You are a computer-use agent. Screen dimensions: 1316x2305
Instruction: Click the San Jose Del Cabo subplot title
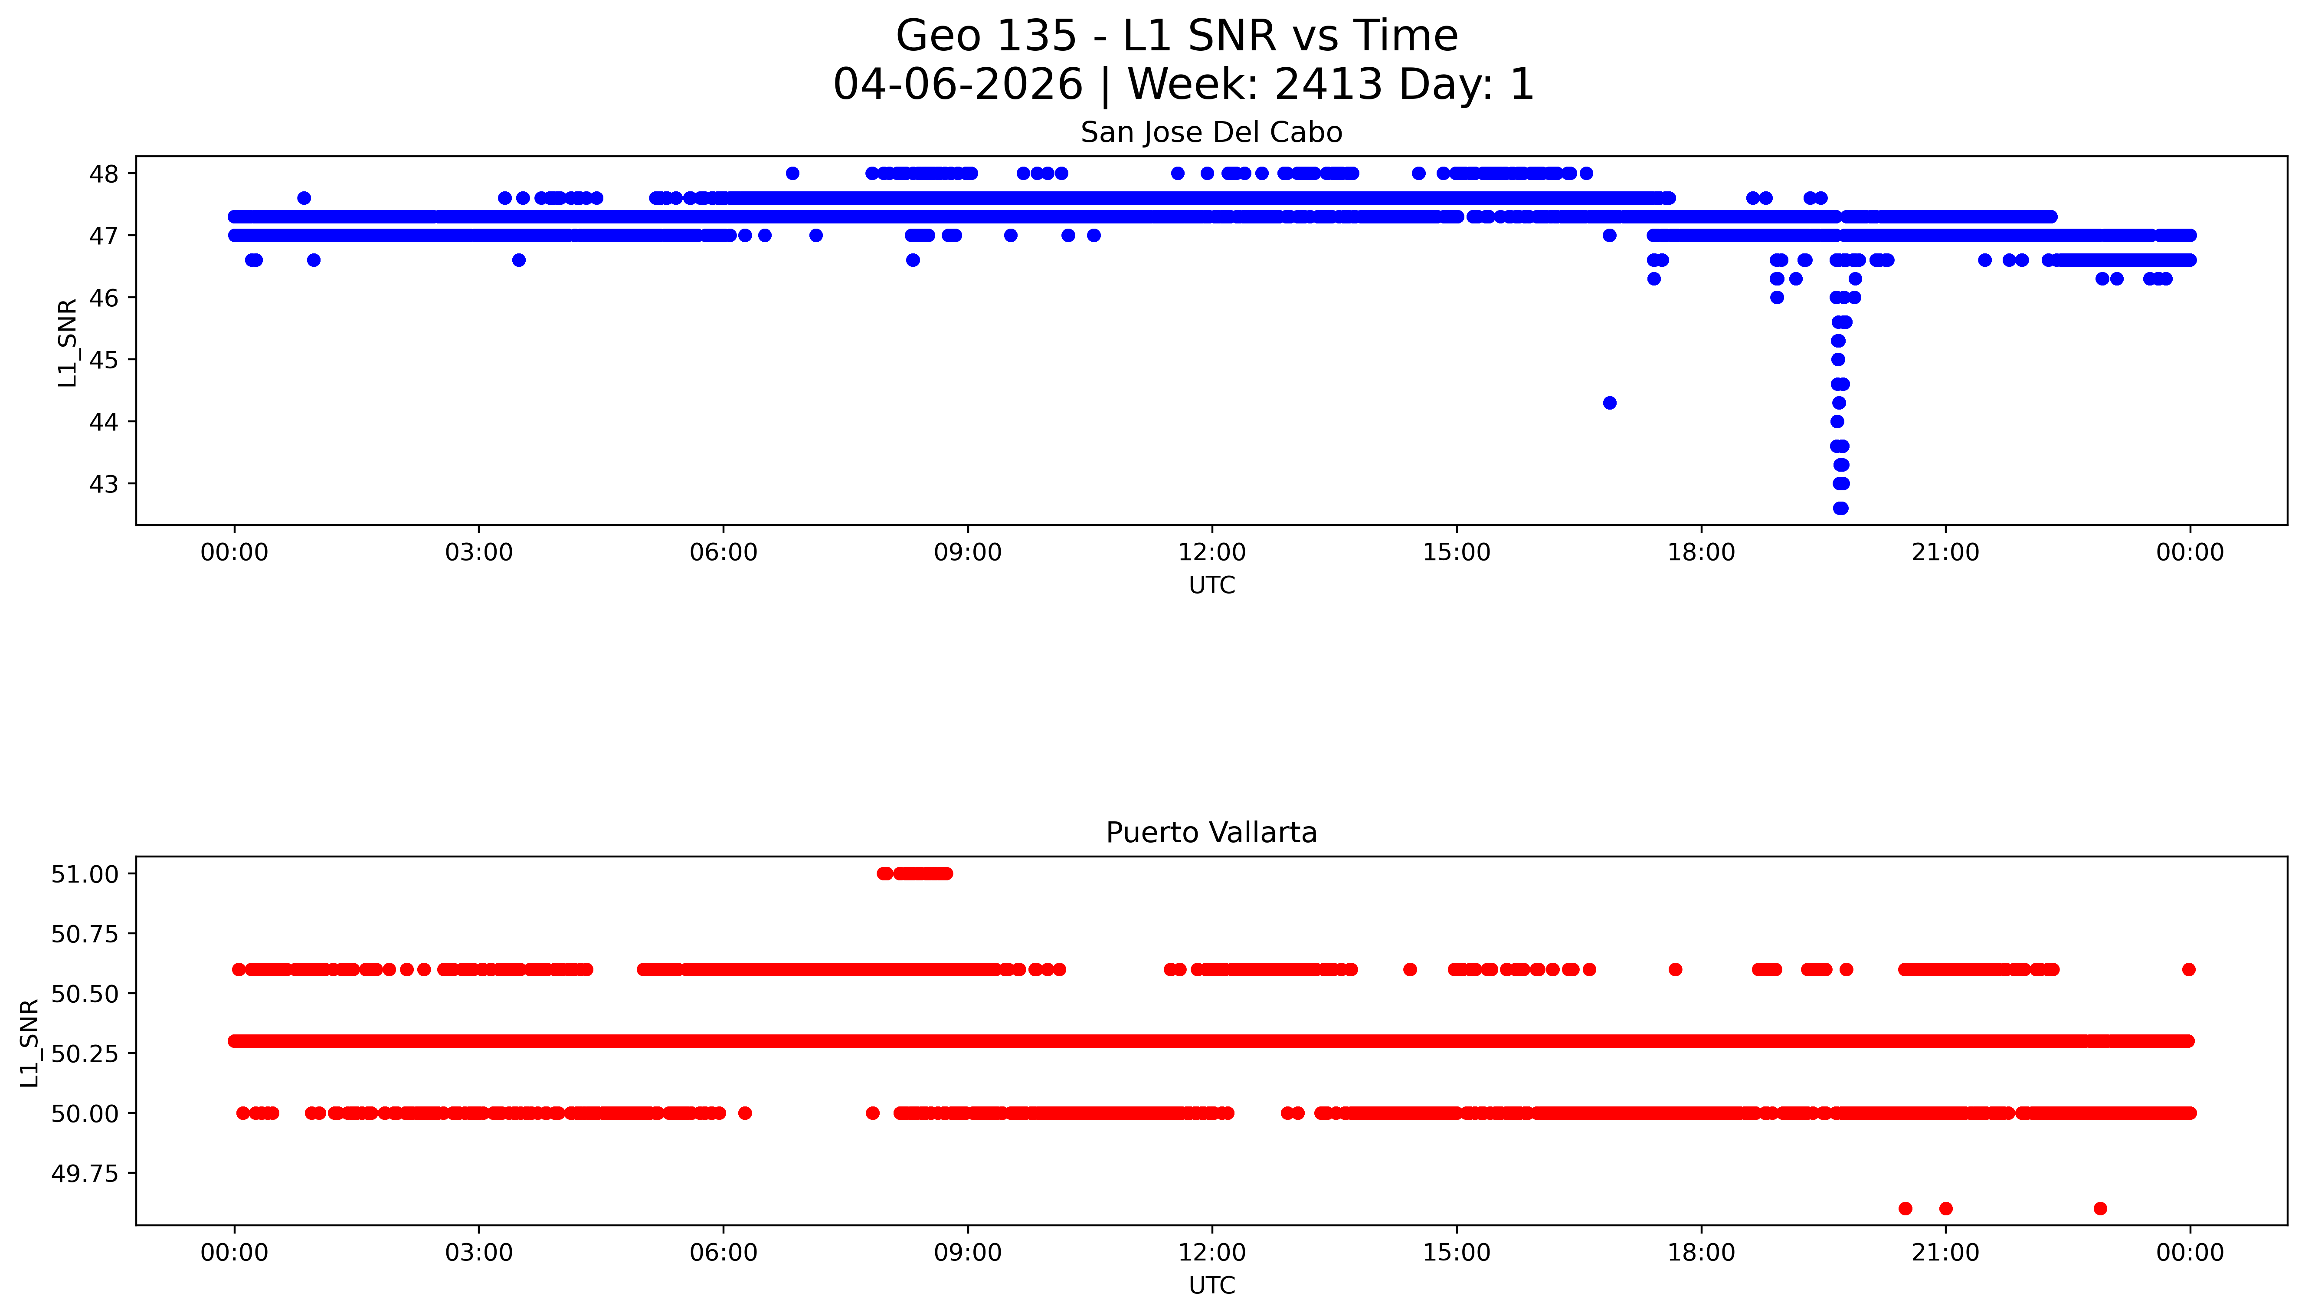[1211, 133]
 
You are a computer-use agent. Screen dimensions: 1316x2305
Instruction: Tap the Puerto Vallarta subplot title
[1211, 833]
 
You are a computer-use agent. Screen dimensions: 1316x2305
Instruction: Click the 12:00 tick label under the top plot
[1211, 552]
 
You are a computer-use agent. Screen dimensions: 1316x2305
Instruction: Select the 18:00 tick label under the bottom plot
[1700, 1253]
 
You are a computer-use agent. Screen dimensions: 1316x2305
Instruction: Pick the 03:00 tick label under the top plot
[479, 552]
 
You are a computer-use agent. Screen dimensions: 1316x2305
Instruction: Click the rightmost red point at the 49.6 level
[2100, 1208]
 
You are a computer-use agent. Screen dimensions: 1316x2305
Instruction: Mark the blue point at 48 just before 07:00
[792, 174]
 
